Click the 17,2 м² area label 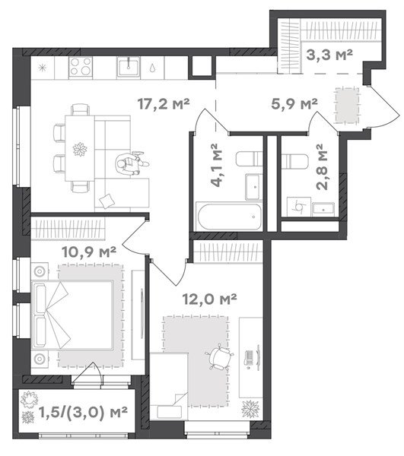pos(164,104)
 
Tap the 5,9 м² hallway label pos(294,104)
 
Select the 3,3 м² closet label pos(329,55)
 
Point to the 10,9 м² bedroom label pos(89,252)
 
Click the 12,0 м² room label pos(209,299)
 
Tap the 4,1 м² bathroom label pos(217,164)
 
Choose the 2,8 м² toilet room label pos(323,166)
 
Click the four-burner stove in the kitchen pos(81,67)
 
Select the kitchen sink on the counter pos(129,67)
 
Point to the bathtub pos(229,217)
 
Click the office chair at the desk pos(219,357)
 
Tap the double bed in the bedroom pos(72,315)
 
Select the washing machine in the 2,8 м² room pos(299,207)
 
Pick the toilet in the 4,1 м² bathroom pos(249,159)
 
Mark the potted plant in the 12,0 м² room pos(250,409)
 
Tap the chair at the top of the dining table pos(81,109)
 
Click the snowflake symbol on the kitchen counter pos(43,68)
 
